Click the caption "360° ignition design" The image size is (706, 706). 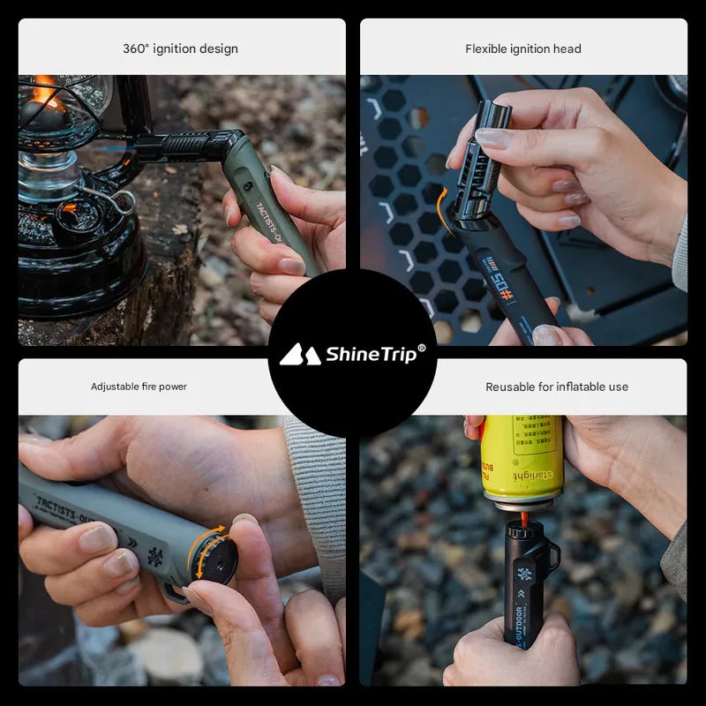[x=180, y=49]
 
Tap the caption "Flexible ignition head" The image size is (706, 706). [x=523, y=49]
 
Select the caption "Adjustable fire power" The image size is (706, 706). [x=139, y=387]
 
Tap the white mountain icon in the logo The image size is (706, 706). [x=299, y=355]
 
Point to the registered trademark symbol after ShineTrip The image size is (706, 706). [x=422, y=348]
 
